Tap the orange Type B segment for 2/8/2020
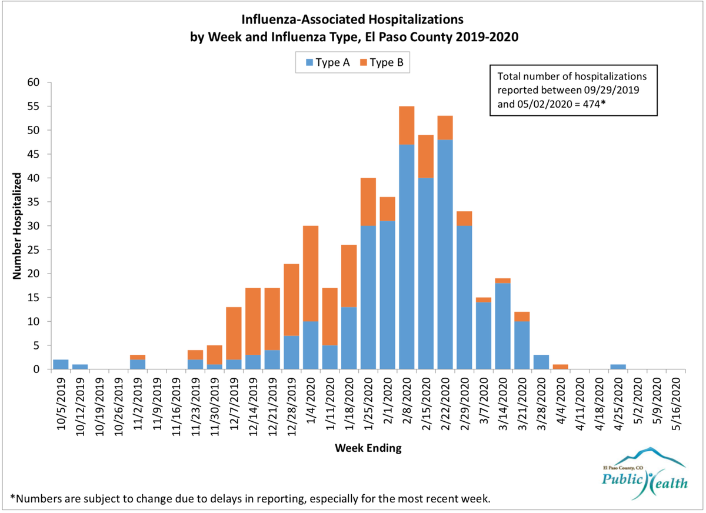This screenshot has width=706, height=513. coord(407,125)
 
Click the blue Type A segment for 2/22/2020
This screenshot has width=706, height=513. coord(445,254)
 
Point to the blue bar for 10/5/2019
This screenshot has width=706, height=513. coord(61,365)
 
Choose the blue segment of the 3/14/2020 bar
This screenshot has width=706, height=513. coord(502,326)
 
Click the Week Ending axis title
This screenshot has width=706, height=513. coord(368,448)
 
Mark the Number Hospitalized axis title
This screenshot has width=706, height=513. coord(17,226)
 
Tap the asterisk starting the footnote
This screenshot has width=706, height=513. coord(13,498)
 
